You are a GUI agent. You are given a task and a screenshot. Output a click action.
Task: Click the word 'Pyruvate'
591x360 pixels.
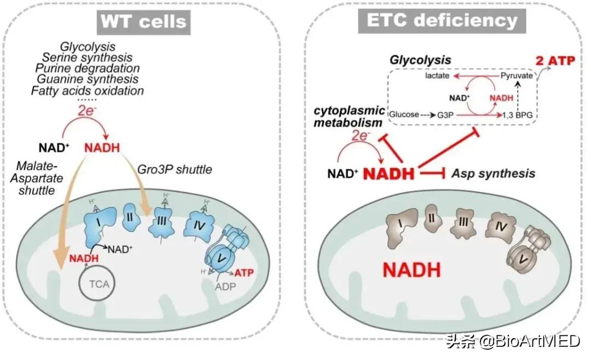point(516,76)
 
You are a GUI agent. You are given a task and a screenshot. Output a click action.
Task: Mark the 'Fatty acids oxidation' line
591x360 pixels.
point(89,91)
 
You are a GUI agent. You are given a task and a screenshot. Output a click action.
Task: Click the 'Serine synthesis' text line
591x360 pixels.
point(89,57)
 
